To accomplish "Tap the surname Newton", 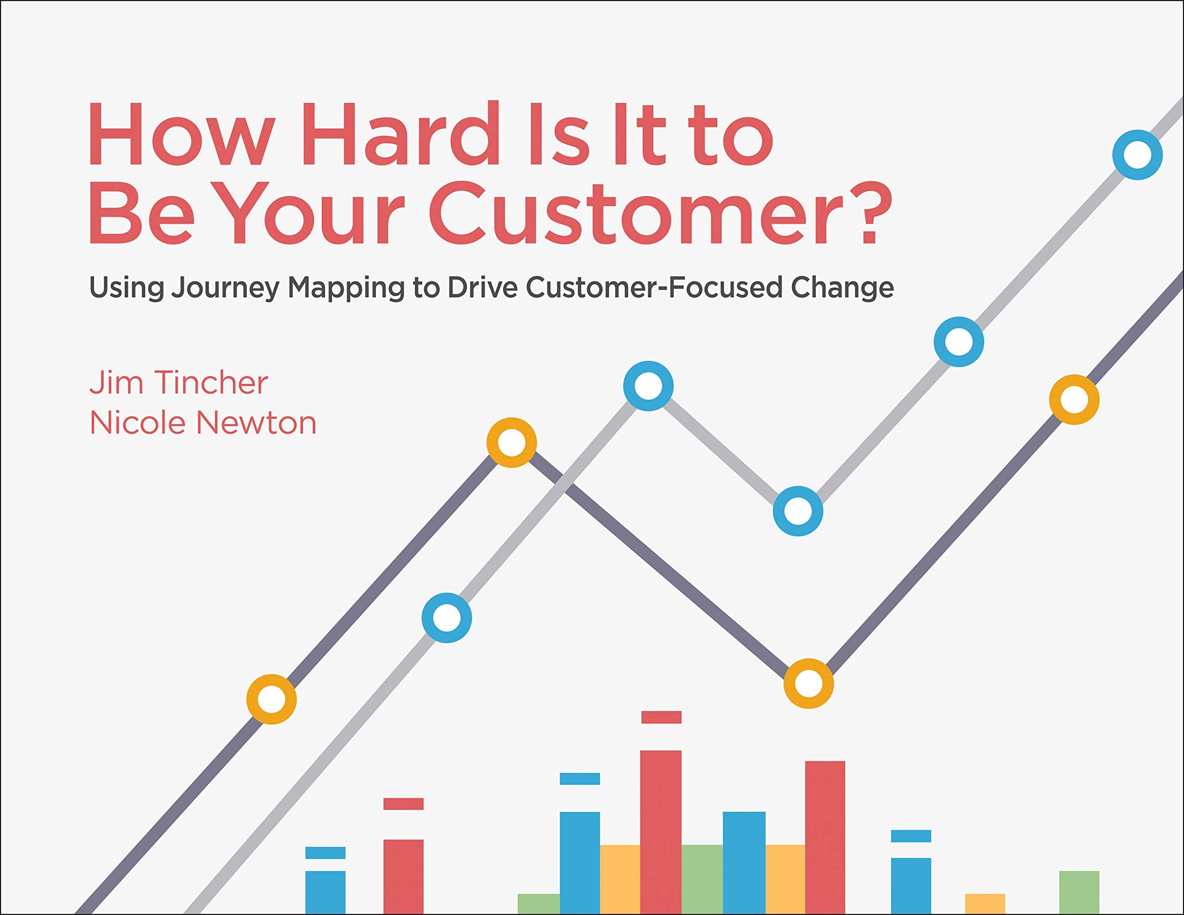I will pos(256,423).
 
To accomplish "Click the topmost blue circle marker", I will pos(1137,155).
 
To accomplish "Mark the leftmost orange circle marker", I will pos(271,700).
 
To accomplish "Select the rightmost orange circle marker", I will pos(1074,400).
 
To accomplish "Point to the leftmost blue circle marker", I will pos(447,618).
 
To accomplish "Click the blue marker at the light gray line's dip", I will pos(798,511).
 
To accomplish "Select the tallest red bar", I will pos(660,830).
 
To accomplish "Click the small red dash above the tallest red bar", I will pos(661,717).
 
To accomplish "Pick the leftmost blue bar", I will pos(325,892).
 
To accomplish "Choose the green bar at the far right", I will pos(1079,892).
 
